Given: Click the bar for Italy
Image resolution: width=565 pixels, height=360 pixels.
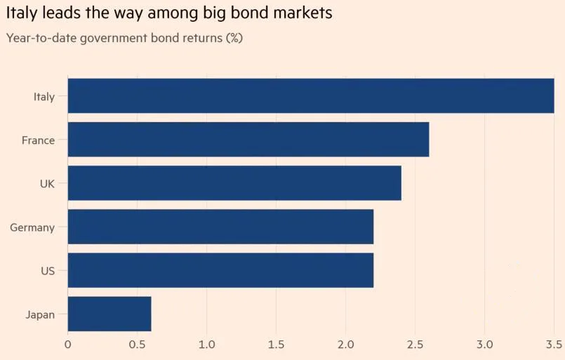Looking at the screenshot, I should [x=311, y=96].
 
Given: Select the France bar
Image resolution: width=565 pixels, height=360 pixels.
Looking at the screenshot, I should [x=248, y=140].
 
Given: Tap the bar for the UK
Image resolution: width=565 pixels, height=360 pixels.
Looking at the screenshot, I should [x=234, y=183].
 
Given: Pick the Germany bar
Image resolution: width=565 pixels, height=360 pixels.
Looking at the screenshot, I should [x=220, y=227].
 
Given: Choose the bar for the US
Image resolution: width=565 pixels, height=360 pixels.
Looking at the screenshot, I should [x=220, y=270].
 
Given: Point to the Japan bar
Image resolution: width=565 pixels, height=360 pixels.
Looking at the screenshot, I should [x=109, y=314].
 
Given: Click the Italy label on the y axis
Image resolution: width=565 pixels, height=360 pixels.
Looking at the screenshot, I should [x=44, y=97].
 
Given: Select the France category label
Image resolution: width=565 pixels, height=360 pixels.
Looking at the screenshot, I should [x=38, y=140].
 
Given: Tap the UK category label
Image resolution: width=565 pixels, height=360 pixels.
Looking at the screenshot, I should [x=47, y=184].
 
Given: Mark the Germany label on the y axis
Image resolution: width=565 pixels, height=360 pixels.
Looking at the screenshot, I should [x=32, y=227].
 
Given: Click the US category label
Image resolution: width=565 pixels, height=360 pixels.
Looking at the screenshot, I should [x=48, y=271].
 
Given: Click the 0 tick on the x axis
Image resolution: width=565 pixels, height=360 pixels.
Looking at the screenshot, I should [x=67, y=345].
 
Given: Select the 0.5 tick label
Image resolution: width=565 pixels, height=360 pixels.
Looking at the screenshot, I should [x=137, y=345].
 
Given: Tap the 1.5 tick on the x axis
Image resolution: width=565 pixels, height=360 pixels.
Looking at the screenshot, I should [x=276, y=345].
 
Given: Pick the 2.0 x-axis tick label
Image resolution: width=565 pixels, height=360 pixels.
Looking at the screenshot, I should [x=345, y=345].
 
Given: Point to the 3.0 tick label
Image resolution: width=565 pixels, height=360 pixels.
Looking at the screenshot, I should [x=484, y=345].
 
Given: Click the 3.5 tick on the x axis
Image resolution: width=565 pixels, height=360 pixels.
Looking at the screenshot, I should [x=554, y=345].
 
